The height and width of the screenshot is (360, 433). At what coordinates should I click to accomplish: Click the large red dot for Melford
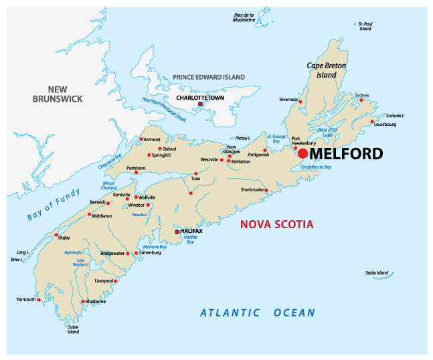click(x=302, y=154)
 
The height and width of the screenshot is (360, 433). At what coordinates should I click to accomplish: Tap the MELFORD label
click(x=347, y=155)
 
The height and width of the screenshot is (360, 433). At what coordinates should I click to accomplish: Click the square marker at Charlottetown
click(x=200, y=104)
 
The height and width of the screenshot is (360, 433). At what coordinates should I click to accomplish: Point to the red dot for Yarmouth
click(x=39, y=300)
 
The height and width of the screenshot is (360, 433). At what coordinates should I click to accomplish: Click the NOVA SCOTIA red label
click(x=276, y=225)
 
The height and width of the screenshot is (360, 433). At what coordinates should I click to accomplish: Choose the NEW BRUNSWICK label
click(x=58, y=94)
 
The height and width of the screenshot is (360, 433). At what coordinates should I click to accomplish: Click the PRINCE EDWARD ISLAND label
click(x=209, y=78)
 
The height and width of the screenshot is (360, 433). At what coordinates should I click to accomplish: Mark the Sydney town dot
click(x=361, y=100)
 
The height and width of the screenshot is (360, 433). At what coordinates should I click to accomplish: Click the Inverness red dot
click(x=300, y=102)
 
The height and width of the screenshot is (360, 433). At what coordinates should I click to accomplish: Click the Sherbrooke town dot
click(x=266, y=190)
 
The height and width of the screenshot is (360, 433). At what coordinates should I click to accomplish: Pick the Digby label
click(x=64, y=237)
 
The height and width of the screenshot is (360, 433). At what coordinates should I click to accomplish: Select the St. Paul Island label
click(x=365, y=26)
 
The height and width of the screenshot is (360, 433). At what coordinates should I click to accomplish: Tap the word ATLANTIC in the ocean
click(x=230, y=312)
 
